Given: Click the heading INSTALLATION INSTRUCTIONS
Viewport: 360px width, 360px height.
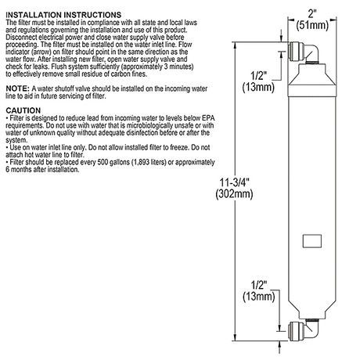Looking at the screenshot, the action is [x=63, y=15].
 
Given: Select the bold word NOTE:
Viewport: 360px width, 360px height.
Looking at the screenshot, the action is [x=17, y=88].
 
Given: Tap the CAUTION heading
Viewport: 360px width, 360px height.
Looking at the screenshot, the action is [x=23, y=110].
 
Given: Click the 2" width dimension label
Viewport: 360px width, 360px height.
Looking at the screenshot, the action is [x=312, y=13].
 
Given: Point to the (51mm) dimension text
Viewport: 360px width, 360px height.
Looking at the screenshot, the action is [x=312, y=25].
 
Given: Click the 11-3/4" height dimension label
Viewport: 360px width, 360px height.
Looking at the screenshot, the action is [x=235, y=182].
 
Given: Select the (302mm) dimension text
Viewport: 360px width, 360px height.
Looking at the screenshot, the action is [x=234, y=194].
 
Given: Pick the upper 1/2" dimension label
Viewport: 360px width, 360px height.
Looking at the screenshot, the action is [x=259, y=76].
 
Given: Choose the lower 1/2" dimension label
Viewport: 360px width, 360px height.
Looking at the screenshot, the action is [x=259, y=285].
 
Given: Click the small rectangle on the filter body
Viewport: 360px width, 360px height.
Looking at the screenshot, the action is [x=312, y=241].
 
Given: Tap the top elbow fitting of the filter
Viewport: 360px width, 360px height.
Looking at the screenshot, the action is [x=304, y=53].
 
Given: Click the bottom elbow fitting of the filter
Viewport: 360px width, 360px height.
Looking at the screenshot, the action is [x=304, y=329].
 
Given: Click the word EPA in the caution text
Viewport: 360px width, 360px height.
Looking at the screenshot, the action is [x=208, y=118].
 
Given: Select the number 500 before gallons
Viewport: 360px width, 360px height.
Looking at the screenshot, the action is [x=103, y=162].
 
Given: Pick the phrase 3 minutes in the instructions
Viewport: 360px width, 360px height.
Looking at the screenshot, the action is [x=178, y=67].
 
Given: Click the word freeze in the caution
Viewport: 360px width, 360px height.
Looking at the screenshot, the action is [x=180, y=147].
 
